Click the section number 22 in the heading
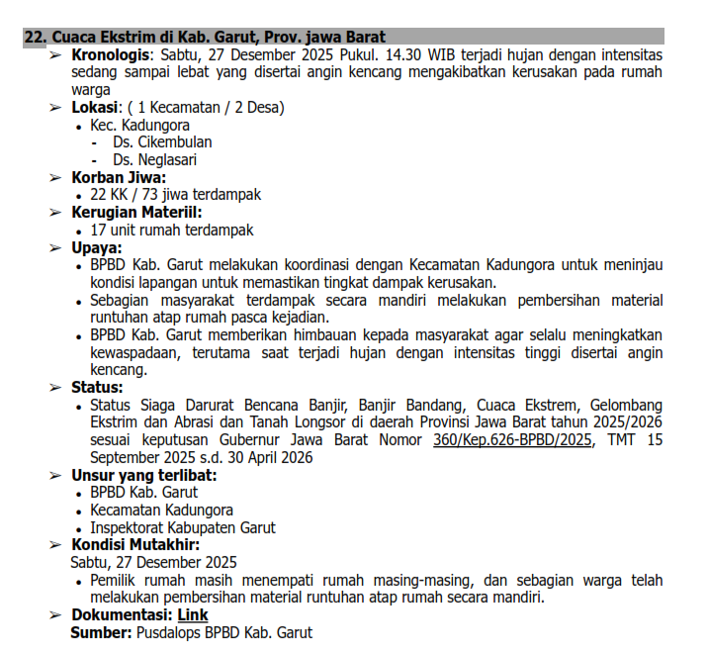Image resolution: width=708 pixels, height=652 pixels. click(x=34, y=37)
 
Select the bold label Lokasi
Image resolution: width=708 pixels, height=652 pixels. click(x=95, y=108)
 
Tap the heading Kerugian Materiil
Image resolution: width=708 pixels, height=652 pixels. click(x=135, y=213)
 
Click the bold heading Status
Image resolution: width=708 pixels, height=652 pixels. click(x=97, y=387)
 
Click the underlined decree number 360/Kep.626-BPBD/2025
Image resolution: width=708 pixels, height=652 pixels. click(x=513, y=439)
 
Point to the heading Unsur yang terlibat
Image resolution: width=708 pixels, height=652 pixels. click(x=143, y=475)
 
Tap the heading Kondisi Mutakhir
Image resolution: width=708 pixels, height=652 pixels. click(x=134, y=545)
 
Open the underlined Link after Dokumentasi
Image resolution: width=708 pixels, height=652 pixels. click(x=192, y=615)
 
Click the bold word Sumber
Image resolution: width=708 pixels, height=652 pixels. click(x=98, y=632)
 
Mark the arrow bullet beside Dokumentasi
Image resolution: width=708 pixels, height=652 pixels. click(x=56, y=615)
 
